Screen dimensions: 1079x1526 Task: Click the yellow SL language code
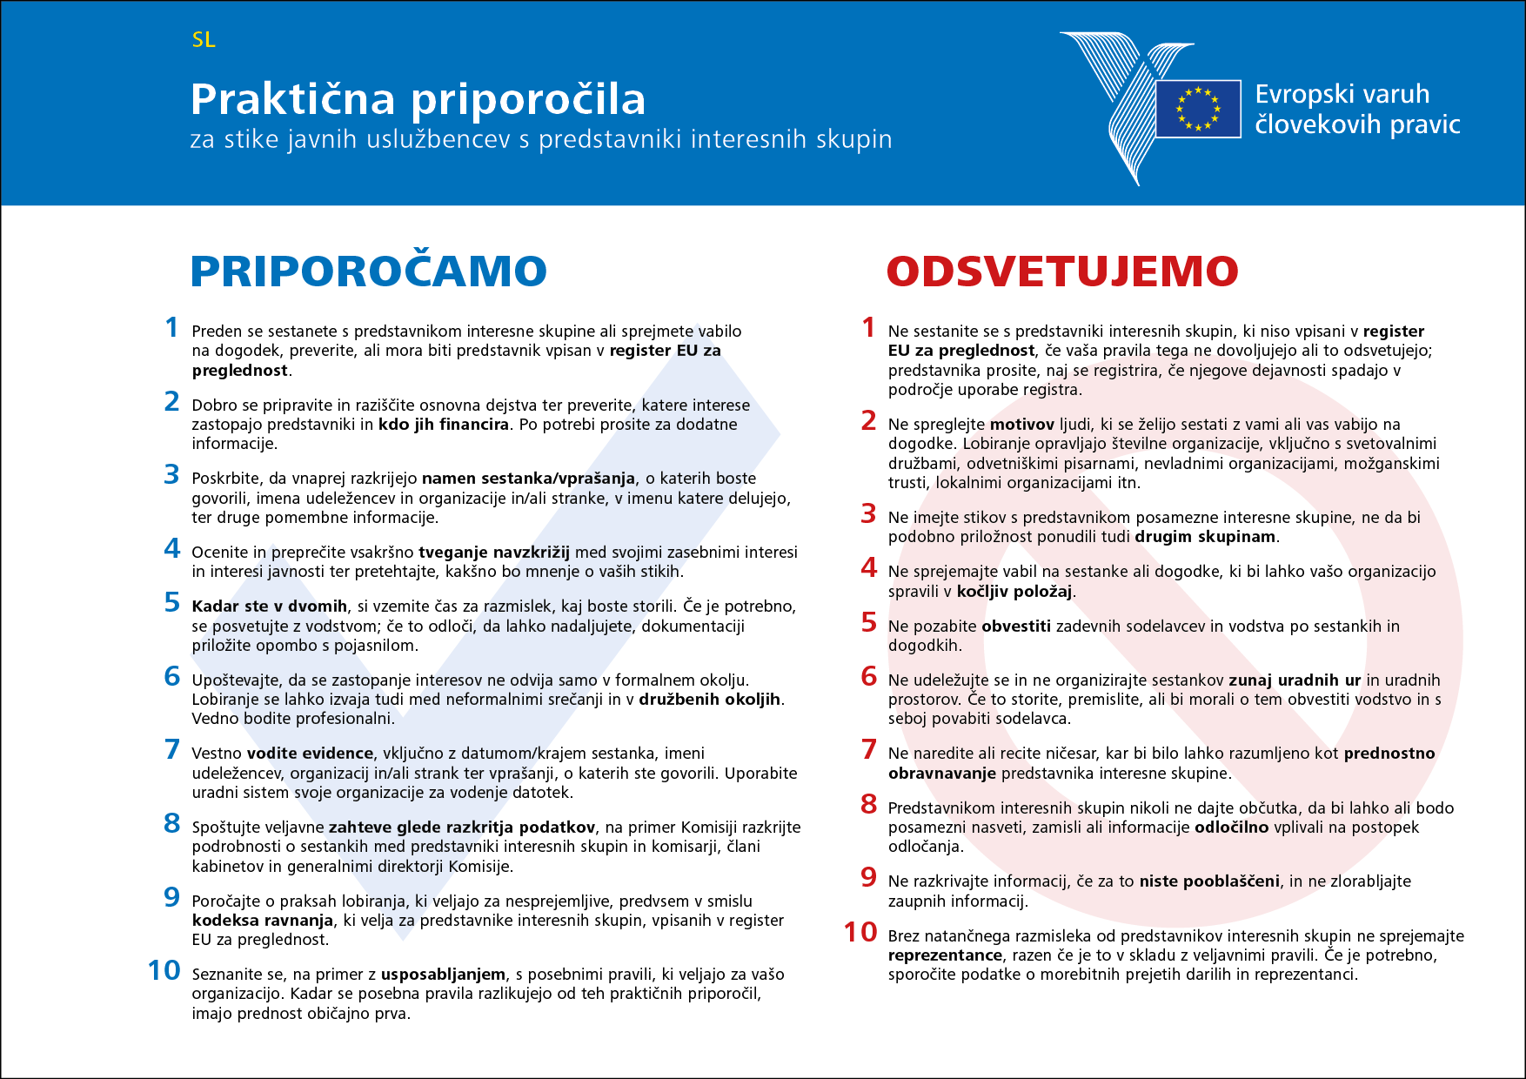pyautogui.click(x=204, y=40)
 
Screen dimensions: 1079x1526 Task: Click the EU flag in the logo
pyautogui.click(x=1198, y=109)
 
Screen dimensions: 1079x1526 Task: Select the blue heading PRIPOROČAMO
pyautogui.click(x=368, y=271)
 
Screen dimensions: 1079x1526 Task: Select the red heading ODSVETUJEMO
pyautogui.click(x=1061, y=271)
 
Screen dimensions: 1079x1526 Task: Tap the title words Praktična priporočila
pyautogui.click(x=418, y=99)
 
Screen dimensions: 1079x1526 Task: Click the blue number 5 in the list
pyautogui.click(x=172, y=602)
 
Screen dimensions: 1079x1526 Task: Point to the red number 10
pyautogui.click(x=860, y=932)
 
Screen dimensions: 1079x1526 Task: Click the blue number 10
pyautogui.click(x=164, y=970)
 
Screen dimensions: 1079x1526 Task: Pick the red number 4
pyautogui.click(x=868, y=567)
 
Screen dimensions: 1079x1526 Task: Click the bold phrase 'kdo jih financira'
pyautogui.click(x=444, y=425)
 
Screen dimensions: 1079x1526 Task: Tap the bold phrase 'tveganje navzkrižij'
pyautogui.click(x=494, y=553)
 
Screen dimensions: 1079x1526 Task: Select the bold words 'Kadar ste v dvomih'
pyautogui.click(x=270, y=607)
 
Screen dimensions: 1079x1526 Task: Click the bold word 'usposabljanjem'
pyautogui.click(x=443, y=975)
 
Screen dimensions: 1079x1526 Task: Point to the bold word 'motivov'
pyautogui.click(x=1022, y=425)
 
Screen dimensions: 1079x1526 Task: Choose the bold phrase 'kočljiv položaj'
pyautogui.click(x=1014, y=592)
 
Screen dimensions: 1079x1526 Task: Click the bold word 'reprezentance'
pyautogui.click(x=945, y=955)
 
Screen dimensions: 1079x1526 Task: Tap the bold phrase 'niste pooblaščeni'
pyautogui.click(x=1209, y=881)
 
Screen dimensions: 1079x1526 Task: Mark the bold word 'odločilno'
pyautogui.click(x=1231, y=828)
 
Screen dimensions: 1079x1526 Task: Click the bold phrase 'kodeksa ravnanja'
pyautogui.click(x=263, y=921)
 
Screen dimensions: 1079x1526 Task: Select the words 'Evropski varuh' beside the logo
pyautogui.click(x=1342, y=94)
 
